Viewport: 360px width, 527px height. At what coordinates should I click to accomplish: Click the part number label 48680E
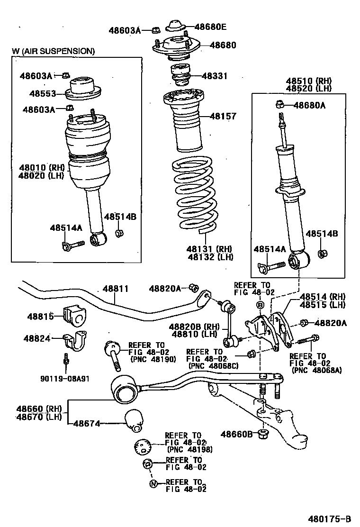[210, 27]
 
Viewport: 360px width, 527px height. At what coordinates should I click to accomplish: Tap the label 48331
[215, 76]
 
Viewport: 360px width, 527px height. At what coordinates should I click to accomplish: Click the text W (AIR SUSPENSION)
[53, 51]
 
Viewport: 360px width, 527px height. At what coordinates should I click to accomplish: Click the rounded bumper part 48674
[134, 421]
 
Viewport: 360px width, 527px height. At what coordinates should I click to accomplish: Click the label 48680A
[309, 105]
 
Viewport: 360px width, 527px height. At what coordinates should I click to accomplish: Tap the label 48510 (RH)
[309, 81]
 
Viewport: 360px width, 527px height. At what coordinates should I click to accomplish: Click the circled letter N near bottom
[153, 484]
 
